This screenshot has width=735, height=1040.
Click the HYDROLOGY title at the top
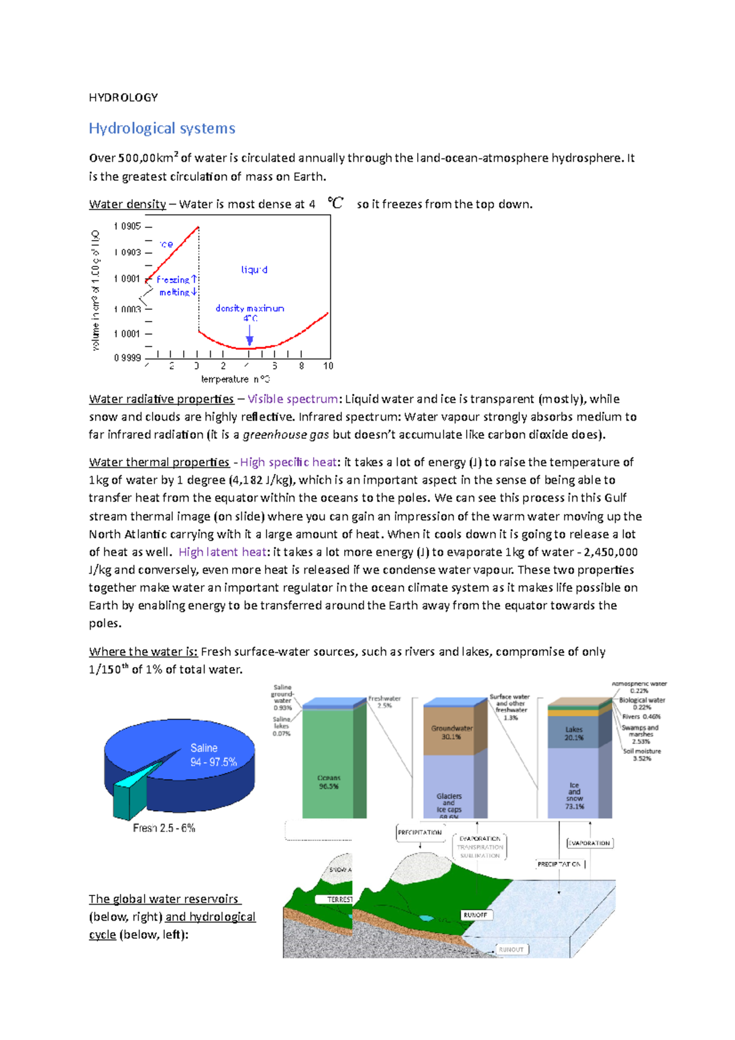point(123,97)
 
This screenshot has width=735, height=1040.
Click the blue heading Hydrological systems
point(162,129)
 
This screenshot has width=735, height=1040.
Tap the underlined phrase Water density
point(127,205)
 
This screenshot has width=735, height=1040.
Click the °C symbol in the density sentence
point(336,203)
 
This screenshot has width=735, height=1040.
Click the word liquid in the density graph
point(254,269)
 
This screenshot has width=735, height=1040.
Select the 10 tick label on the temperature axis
point(328,366)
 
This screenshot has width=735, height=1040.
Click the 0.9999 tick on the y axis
point(127,358)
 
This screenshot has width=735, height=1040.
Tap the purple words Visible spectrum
point(292,399)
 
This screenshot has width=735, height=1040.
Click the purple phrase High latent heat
point(222,552)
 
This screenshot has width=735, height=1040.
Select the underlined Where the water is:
point(143,652)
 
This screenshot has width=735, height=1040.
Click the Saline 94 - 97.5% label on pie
point(213,755)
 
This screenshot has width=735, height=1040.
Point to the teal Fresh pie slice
point(131,796)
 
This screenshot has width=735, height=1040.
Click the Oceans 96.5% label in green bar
point(329,782)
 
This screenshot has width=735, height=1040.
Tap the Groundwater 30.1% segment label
point(451,733)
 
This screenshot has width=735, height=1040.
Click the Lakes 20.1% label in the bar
point(574,734)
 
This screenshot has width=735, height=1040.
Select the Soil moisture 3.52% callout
point(642,755)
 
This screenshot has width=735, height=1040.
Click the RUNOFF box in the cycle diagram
point(475,915)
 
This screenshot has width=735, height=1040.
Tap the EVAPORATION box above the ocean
point(589,843)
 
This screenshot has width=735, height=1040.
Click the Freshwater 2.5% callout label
point(384,702)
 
